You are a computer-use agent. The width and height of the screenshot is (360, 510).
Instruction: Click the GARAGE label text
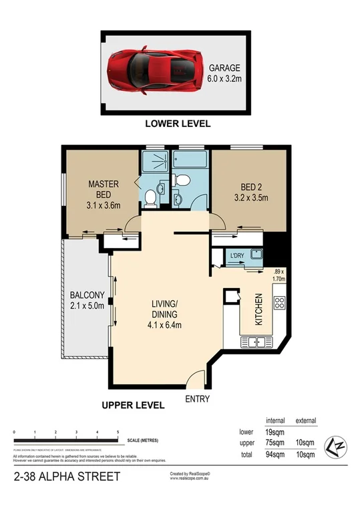(225, 68)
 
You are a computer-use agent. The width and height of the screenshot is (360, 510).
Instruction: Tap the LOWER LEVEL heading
(178, 124)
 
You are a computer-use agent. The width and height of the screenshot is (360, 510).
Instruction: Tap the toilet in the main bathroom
(180, 179)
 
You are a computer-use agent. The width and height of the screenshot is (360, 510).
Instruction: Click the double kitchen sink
(252, 342)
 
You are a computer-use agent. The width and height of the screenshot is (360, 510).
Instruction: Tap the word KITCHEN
(260, 310)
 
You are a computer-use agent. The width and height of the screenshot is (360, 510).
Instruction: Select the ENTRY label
(197, 399)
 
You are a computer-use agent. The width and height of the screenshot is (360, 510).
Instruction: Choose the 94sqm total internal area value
(275, 455)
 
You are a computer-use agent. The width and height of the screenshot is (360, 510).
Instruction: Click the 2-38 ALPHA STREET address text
(67, 477)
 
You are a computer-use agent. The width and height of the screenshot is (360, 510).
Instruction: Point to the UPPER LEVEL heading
(133, 405)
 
